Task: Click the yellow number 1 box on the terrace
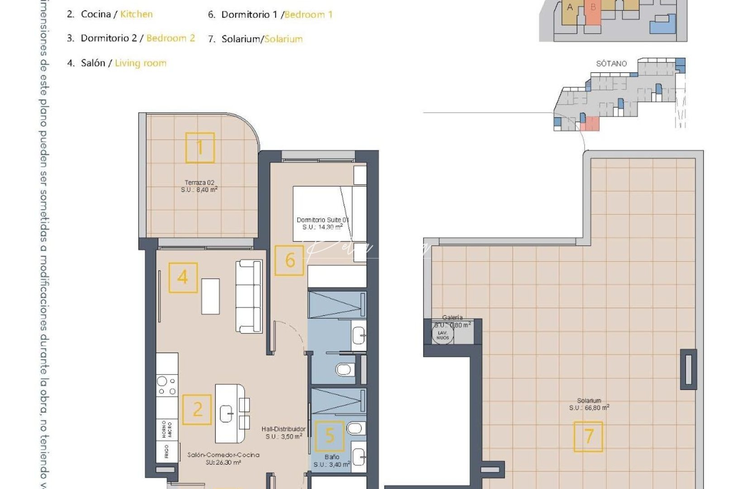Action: tap(200, 148)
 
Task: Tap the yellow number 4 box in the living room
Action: tap(183, 278)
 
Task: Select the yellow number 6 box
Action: tap(290, 260)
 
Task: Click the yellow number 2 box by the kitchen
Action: tap(197, 409)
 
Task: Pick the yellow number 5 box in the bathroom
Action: tap(329, 436)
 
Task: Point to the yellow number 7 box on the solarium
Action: tap(588, 436)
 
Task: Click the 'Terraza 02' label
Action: tap(200, 183)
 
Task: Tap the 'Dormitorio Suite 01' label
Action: tap(322, 220)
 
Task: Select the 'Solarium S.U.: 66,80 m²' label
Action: tap(589, 404)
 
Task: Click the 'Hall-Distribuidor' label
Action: tap(284, 429)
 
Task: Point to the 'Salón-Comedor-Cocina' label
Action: tap(224, 455)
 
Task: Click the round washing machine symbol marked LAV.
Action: tap(443, 335)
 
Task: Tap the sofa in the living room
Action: tap(249, 297)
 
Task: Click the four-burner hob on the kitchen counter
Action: tap(167, 386)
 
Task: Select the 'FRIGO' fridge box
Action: tap(167, 451)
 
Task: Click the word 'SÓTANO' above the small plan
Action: tap(611, 63)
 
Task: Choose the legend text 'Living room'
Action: tap(140, 63)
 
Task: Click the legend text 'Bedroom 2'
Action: tap(171, 38)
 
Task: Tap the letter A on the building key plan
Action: tap(570, 7)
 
